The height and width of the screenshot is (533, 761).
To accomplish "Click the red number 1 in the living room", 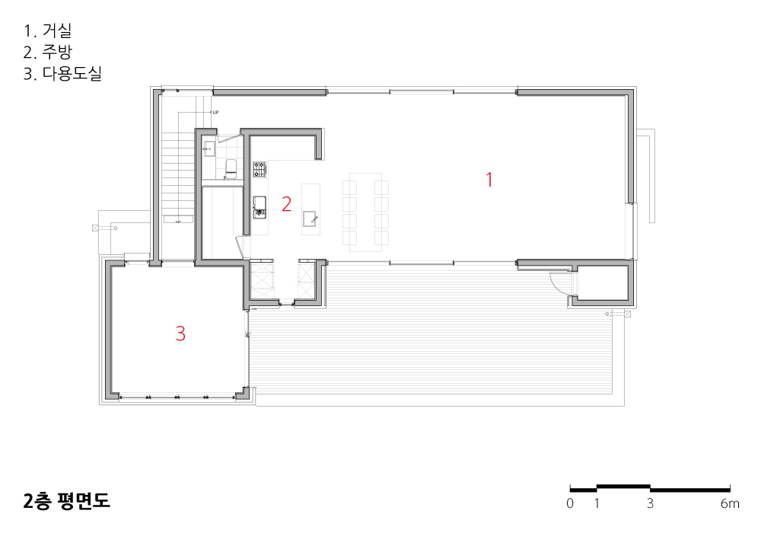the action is click(489, 180).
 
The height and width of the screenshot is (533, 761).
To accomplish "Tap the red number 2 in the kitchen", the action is click(286, 204).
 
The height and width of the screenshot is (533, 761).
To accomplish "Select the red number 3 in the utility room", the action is click(180, 334).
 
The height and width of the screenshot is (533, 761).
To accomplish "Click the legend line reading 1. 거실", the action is click(47, 30).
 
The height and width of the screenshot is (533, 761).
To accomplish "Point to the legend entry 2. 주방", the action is click(47, 52).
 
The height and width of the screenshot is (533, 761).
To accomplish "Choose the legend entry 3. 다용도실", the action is click(62, 73).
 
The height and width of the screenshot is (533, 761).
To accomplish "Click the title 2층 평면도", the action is click(66, 500).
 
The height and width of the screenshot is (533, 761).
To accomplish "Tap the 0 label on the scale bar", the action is click(570, 503).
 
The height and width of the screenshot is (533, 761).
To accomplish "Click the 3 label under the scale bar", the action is click(650, 503).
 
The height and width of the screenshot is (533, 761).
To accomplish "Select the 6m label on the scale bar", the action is click(730, 503).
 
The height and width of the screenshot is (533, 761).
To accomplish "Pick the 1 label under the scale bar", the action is click(597, 503).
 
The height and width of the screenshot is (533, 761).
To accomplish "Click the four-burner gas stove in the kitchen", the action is click(260, 169).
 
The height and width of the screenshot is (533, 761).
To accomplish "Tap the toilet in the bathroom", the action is click(231, 168).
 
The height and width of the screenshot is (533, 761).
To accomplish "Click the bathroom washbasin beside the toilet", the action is click(209, 148).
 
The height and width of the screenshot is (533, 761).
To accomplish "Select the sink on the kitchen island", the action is click(310, 219).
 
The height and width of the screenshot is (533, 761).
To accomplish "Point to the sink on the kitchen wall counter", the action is click(260, 208).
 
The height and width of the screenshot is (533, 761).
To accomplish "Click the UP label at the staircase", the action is click(215, 113).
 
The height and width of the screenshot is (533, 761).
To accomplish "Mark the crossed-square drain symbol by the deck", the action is click(627, 314).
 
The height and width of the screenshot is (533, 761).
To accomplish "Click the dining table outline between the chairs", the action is click(365, 212).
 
